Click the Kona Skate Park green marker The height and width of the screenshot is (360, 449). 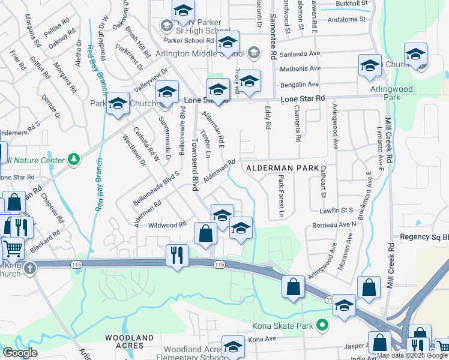(322, 326)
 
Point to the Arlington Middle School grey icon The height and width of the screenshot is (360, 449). (254, 53)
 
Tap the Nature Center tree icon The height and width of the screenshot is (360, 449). (73, 160)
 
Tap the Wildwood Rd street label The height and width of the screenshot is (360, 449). (167, 225)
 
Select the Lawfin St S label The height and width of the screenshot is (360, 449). (337, 209)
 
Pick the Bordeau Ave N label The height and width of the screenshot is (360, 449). (334, 225)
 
